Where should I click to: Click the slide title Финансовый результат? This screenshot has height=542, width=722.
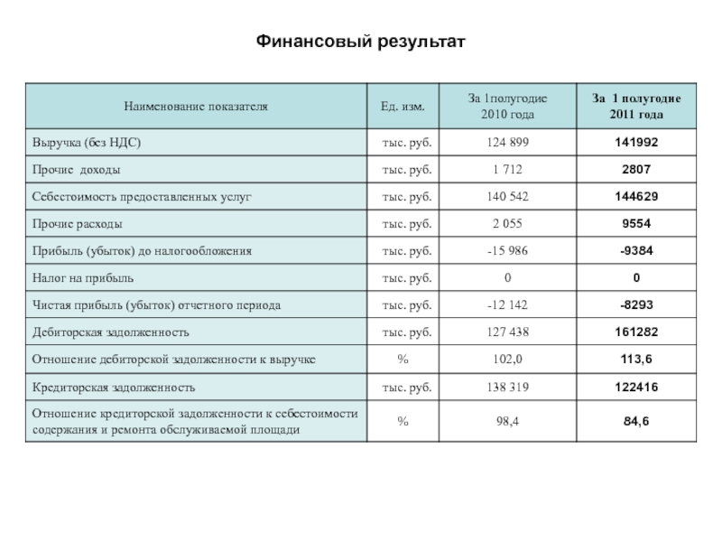click(x=360, y=41)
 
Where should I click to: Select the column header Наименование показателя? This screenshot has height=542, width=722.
click(x=197, y=107)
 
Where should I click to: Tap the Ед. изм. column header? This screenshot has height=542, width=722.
click(x=403, y=107)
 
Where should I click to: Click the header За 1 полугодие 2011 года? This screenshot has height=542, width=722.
click(x=636, y=107)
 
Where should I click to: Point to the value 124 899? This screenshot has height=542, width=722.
click(x=507, y=144)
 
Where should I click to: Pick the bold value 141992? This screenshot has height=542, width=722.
click(x=636, y=144)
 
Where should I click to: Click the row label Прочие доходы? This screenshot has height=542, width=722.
click(x=78, y=171)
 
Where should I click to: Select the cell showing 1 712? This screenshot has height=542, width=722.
click(x=507, y=171)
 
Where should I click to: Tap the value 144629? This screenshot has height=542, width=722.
click(x=636, y=197)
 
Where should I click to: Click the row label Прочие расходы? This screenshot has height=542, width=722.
click(x=79, y=224)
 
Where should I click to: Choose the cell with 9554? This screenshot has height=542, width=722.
click(x=636, y=224)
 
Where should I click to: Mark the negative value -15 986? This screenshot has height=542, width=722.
click(x=507, y=251)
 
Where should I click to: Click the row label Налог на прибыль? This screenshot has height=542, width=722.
click(x=83, y=278)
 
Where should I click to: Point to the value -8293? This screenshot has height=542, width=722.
click(x=636, y=305)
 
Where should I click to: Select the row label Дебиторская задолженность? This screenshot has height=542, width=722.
click(x=111, y=332)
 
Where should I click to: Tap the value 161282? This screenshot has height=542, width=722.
click(x=636, y=332)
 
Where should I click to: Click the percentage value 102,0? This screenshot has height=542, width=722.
click(x=507, y=360)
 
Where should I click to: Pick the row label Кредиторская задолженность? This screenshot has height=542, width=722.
click(x=114, y=388)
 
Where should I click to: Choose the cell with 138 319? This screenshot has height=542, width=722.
click(x=507, y=388)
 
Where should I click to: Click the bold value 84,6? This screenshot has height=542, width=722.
click(x=636, y=421)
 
